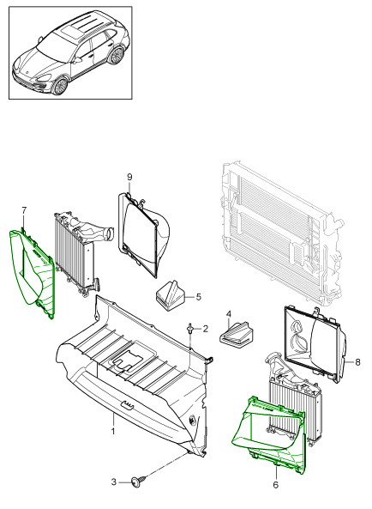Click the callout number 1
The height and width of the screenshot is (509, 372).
(113, 432)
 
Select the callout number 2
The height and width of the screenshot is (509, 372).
(206, 329)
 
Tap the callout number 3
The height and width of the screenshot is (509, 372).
(113, 482)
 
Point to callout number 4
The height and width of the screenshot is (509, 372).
(229, 314)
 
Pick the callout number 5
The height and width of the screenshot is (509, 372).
(198, 296)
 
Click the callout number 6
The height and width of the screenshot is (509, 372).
(275, 485)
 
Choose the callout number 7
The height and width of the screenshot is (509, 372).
(24, 210)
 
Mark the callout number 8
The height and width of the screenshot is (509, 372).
(357, 361)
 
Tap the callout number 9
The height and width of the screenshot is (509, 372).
(129, 177)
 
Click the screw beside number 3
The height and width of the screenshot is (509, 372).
(139, 481)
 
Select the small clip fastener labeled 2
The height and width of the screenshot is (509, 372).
(190, 329)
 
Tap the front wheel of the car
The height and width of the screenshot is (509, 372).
(60, 85)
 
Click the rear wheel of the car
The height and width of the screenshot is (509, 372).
(117, 55)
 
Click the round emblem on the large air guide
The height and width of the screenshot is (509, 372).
(192, 420)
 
